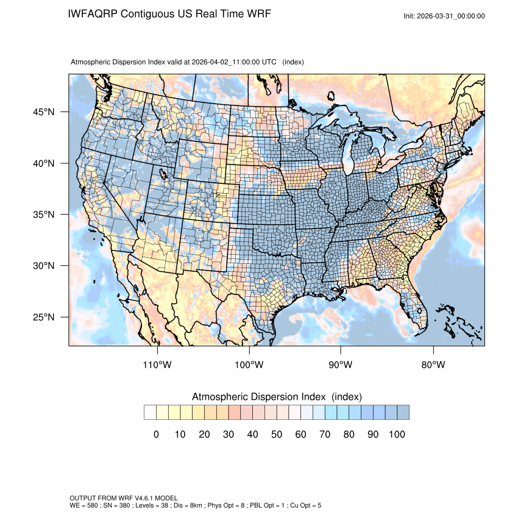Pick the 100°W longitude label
(x=249, y=365)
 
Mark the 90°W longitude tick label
(x=341, y=365)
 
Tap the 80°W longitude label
(x=433, y=365)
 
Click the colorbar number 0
(x=156, y=435)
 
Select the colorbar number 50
(x=277, y=435)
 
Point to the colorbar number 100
(x=397, y=435)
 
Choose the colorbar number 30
(x=229, y=435)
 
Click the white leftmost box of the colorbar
(x=150, y=413)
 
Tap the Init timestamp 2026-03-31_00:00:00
(x=452, y=16)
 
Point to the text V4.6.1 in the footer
(x=140, y=498)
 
